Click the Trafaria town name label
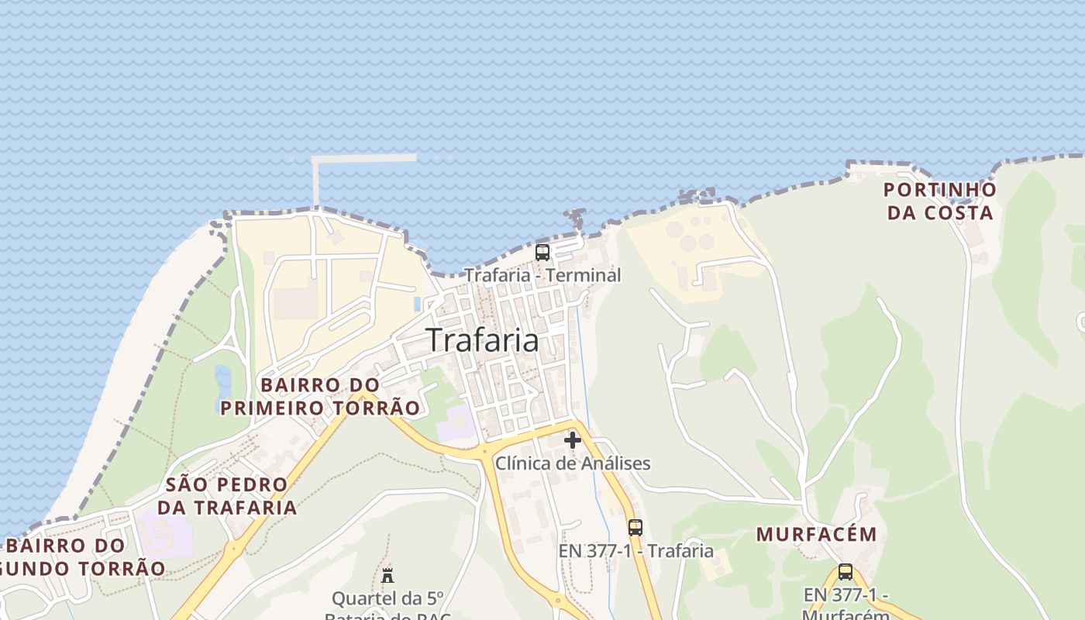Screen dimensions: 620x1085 point(482,339)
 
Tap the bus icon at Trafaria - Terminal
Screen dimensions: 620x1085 point(542,252)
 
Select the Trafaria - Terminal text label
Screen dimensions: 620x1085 point(542,275)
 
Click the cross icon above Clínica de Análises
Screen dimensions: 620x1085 point(573,440)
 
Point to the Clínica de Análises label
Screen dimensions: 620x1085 point(573,463)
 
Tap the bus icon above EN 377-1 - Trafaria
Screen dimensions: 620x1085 point(635,528)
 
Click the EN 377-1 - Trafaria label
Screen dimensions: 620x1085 point(635,551)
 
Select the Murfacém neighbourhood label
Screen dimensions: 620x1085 point(817,534)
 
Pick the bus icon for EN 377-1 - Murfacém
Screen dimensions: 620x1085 point(846,572)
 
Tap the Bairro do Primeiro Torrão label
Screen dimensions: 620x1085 point(320,396)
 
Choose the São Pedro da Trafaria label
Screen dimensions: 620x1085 point(227,496)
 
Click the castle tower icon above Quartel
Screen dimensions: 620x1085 point(387,575)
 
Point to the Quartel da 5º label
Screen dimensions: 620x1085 point(387,598)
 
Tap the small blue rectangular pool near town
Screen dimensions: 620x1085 point(418,303)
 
